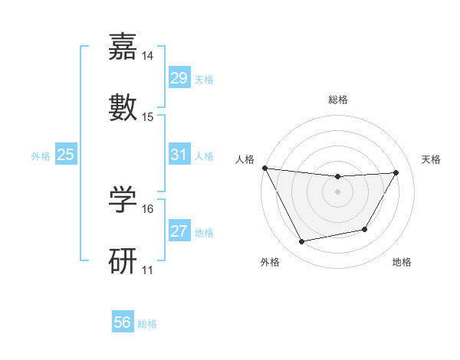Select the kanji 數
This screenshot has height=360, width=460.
pos(123,107)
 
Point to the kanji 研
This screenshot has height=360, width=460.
pos(123,260)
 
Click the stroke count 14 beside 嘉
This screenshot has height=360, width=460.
pos(148,56)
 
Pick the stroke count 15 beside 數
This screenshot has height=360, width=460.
pos(148,116)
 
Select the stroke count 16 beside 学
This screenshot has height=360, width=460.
pos(148,208)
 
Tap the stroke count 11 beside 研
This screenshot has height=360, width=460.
pos(148,270)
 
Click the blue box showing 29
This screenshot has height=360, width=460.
pos(179,78)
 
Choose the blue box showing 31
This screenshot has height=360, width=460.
pos(179,155)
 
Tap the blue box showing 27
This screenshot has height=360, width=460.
pos(179,231)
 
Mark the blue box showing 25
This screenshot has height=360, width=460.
pos(65,155)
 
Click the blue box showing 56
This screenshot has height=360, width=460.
pos(122,322)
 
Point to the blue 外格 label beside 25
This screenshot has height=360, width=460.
pos(41,156)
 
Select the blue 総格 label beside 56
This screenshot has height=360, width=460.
pos(147,324)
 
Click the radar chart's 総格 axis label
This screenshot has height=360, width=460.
pos(338,100)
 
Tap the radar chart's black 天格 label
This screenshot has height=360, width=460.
pos(432,159)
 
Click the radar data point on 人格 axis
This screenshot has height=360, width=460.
pos(265,168)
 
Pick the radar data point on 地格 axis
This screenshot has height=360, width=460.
pos(365,229)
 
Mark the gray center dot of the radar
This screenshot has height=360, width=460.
pos(338,191)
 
